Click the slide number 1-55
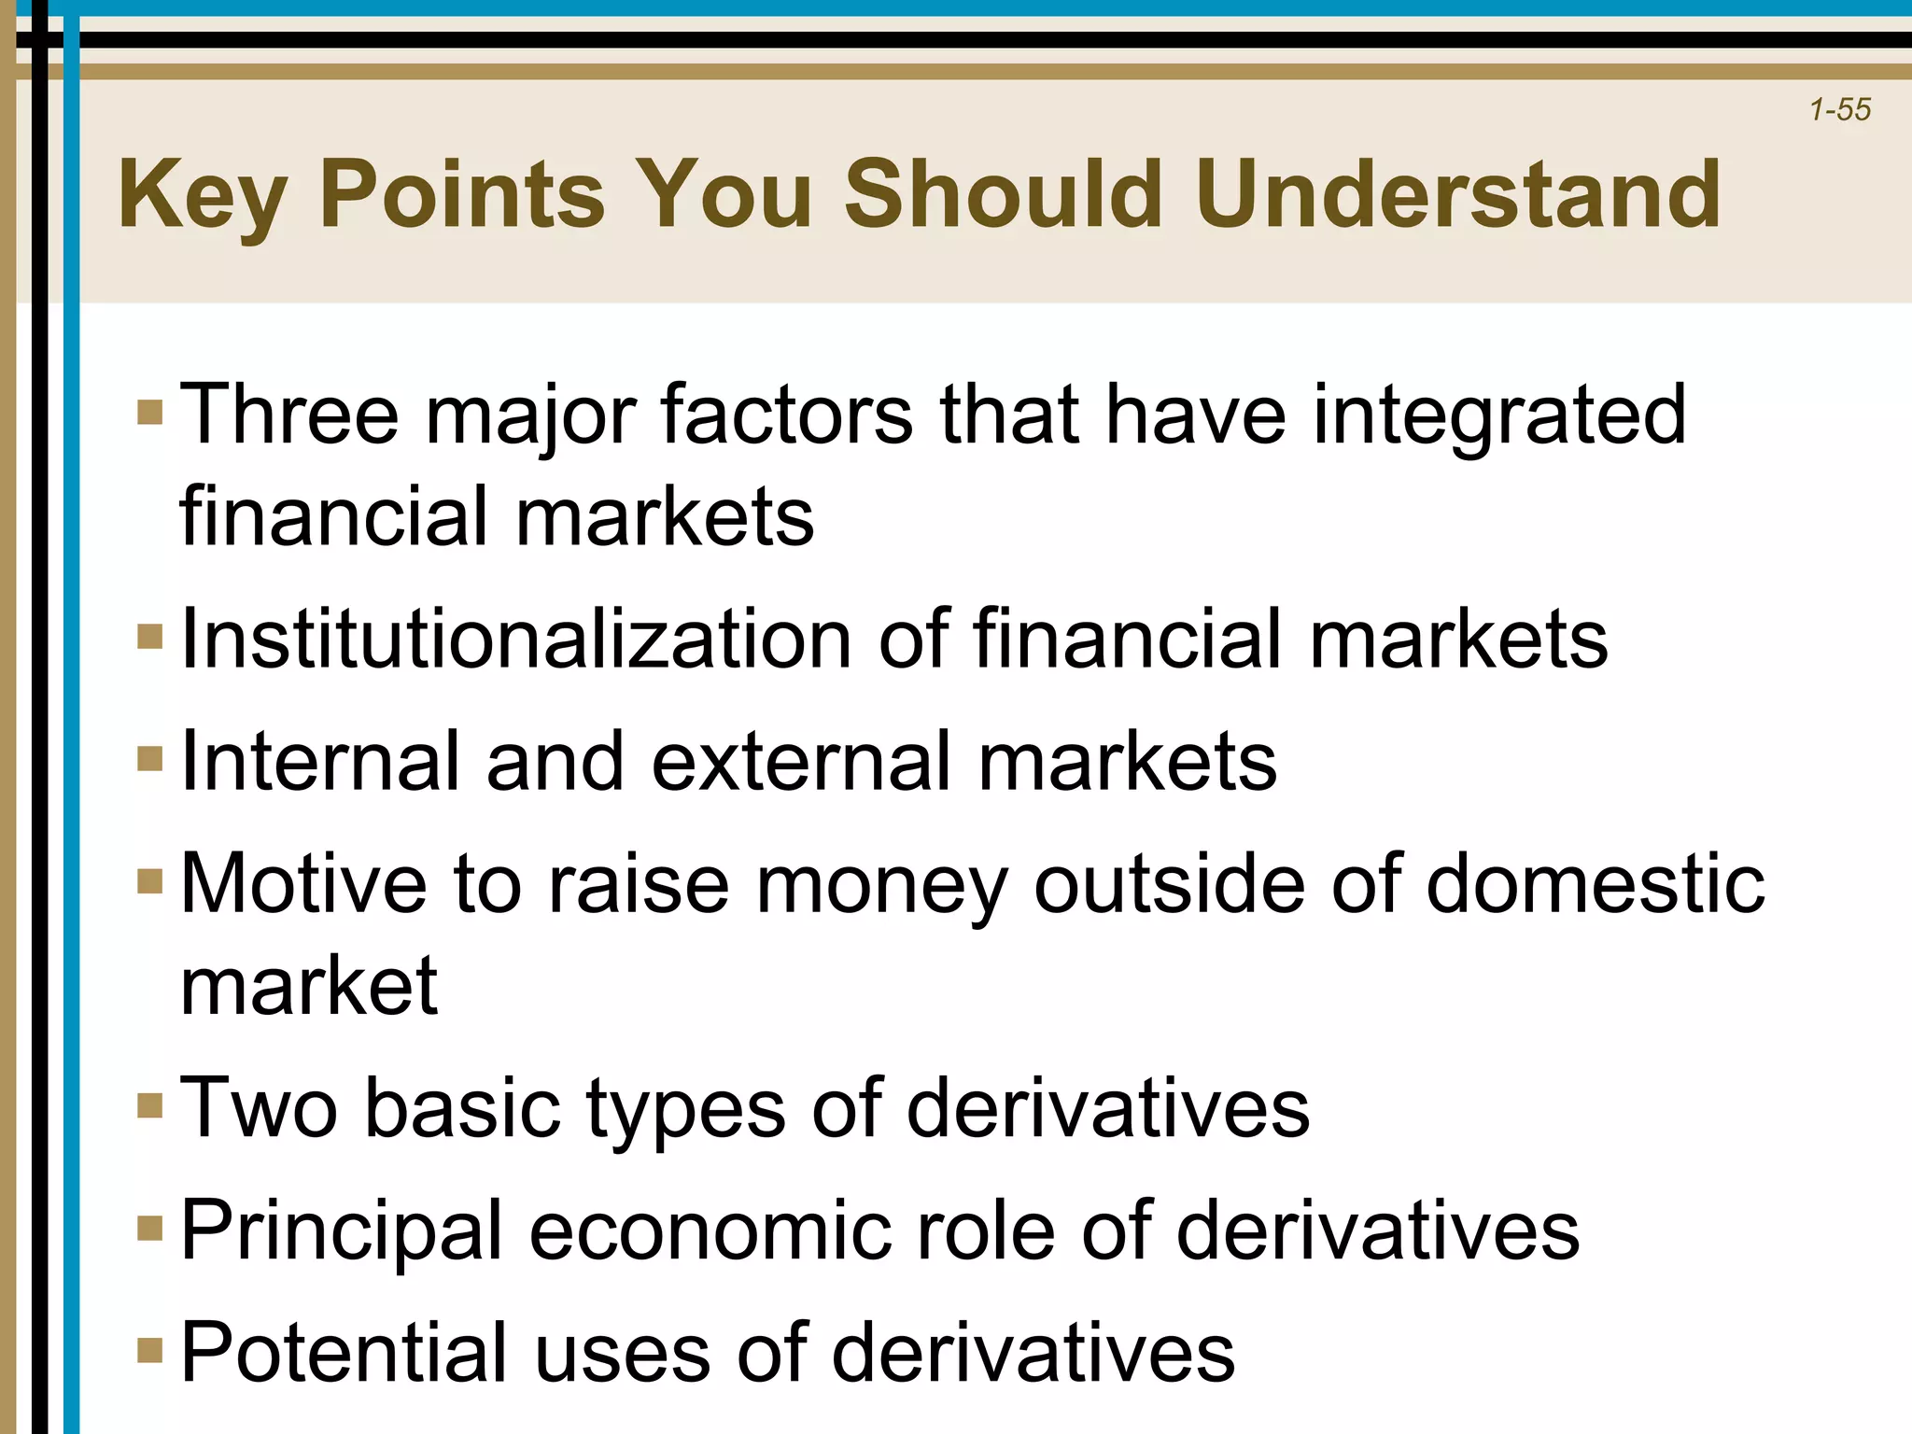pyautogui.click(x=1839, y=110)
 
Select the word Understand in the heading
pyautogui.click(x=1458, y=194)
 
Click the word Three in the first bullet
pyautogui.click(x=288, y=415)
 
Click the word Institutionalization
pyautogui.click(x=515, y=640)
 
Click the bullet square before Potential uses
pyautogui.click(x=149, y=1350)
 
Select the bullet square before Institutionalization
pyautogui.click(x=149, y=637)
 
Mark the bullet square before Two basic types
pyautogui.click(x=149, y=1105)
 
